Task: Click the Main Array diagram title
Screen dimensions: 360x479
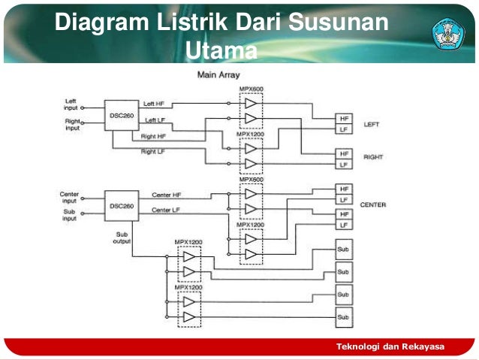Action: click(x=218, y=75)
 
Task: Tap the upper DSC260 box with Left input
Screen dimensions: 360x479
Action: click(x=121, y=114)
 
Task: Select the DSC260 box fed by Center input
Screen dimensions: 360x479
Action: click(x=121, y=205)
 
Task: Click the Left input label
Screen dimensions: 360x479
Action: click(x=71, y=104)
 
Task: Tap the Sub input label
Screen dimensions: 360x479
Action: click(x=69, y=216)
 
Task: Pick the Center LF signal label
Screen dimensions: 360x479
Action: click(x=166, y=210)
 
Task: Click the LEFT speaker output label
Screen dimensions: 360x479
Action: click(x=372, y=125)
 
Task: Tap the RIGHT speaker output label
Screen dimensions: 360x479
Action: click(x=373, y=157)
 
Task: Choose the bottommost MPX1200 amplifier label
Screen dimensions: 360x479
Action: click(x=189, y=287)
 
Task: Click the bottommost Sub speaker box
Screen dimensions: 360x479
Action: click(x=343, y=317)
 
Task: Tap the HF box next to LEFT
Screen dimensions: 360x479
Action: click(x=344, y=119)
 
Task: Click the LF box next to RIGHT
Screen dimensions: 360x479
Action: click(x=344, y=164)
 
